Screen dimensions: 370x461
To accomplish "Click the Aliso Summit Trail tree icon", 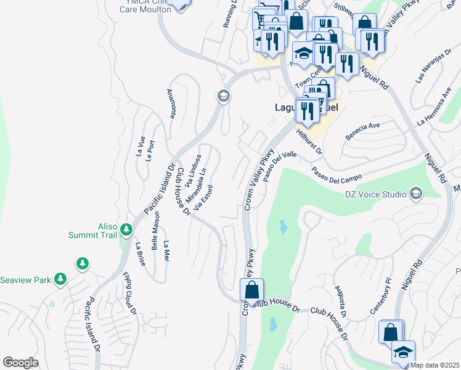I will pos(126,230).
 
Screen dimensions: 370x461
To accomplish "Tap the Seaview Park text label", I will pos(26,280).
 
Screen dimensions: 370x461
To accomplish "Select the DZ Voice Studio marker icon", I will pos(416,194).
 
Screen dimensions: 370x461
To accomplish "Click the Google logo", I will pos(20,362).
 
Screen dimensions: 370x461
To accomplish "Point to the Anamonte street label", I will pos(171,104).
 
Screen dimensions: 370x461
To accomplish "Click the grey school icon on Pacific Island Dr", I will pos(222,96).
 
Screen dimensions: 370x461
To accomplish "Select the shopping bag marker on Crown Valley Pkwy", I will pos(251,289).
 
